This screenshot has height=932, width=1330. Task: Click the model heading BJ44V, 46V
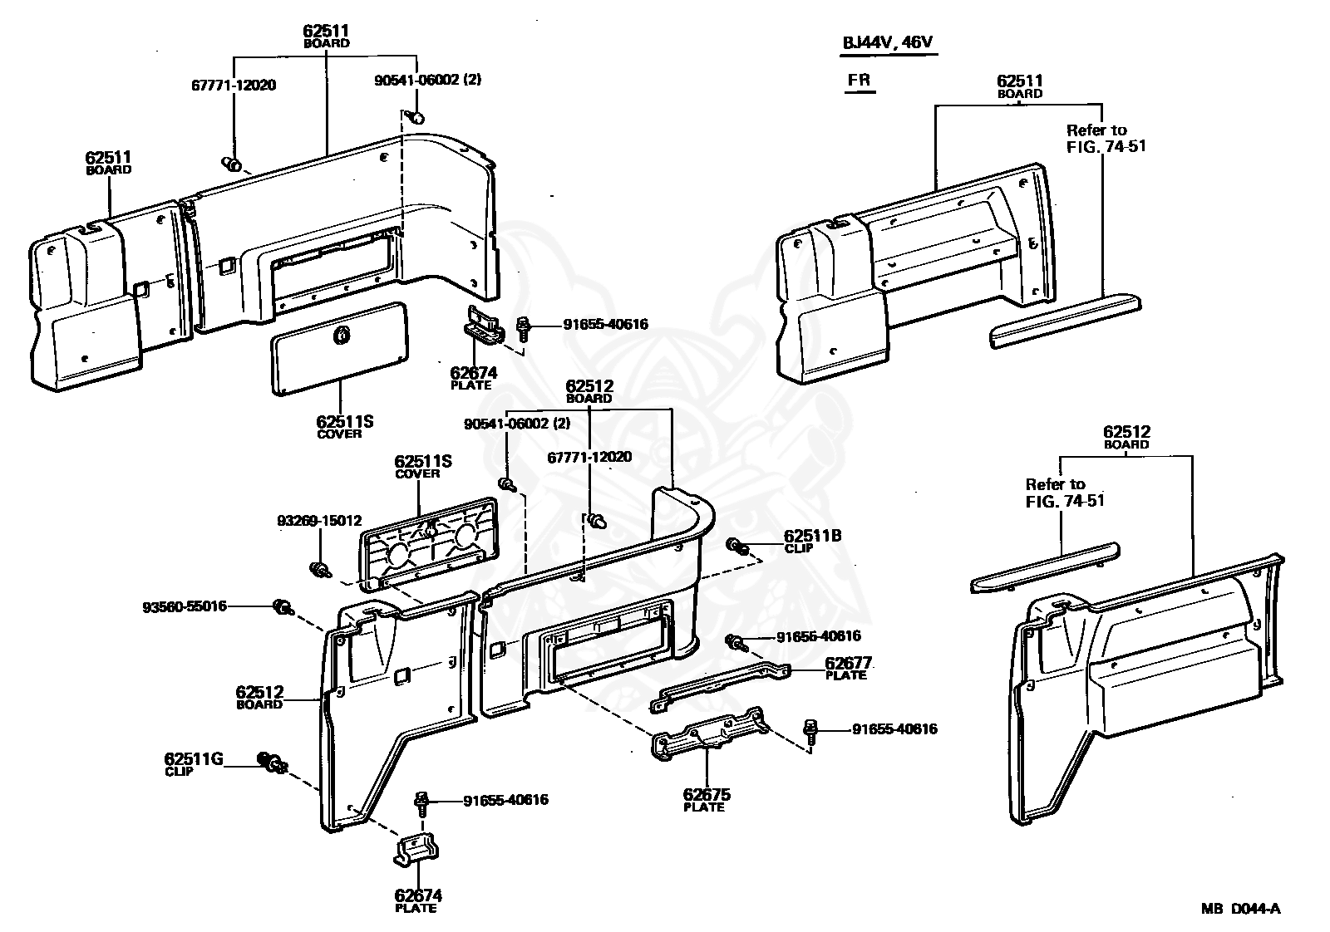(x=888, y=42)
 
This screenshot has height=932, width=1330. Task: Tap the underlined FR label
(x=860, y=80)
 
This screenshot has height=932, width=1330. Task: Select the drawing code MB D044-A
(x=1241, y=908)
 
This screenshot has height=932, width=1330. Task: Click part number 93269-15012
(x=319, y=521)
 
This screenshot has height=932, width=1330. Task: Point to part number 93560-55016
(x=185, y=606)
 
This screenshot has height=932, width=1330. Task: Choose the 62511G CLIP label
(x=194, y=764)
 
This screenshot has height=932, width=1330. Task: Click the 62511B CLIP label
(x=812, y=541)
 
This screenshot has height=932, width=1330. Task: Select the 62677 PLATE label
(x=848, y=668)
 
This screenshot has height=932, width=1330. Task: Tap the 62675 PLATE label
(x=707, y=800)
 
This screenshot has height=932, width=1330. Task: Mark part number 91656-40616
(x=819, y=636)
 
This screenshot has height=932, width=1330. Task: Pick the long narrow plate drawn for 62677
(x=721, y=686)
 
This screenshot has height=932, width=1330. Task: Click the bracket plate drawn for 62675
(x=711, y=733)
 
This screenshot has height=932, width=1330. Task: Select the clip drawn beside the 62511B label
(x=738, y=547)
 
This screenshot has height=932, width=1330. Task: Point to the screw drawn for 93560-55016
(x=283, y=607)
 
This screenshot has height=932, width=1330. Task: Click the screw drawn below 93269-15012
(x=321, y=571)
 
